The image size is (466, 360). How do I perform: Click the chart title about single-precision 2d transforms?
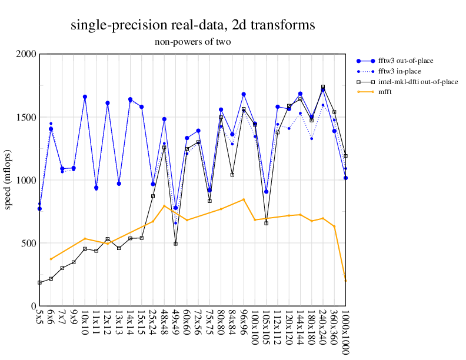[x=192, y=25]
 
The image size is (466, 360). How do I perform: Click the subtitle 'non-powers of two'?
[x=192, y=42]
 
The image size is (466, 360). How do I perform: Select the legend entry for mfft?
[x=385, y=92]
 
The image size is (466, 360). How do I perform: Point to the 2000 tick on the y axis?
[x=26, y=54]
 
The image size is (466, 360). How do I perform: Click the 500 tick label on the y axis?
[x=28, y=244]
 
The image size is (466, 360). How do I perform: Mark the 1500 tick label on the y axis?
[x=26, y=117]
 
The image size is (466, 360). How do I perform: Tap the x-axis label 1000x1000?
[x=345, y=333]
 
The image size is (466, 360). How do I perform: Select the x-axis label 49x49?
[x=175, y=325]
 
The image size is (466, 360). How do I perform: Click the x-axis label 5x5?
[x=39, y=320]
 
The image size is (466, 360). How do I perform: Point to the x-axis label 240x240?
[x=323, y=328]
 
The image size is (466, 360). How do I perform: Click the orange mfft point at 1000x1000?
[x=345, y=281]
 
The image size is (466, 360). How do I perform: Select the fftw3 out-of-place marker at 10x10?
[x=85, y=96]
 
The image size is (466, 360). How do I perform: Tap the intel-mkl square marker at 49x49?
[x=175, y=244]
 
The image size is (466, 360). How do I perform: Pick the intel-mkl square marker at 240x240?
[x=323, y=87]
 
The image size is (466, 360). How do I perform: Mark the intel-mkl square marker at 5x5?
[x=39, y=282]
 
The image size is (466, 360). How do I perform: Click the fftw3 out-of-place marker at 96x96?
[x=244, y=94]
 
